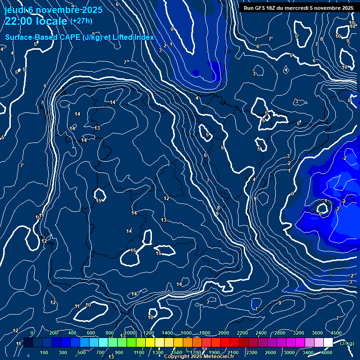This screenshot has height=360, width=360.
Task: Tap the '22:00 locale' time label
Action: click(36, 21)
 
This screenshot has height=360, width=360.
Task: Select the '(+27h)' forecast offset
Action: click(81, 21)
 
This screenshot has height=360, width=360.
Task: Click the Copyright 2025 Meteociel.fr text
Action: click(199, 357)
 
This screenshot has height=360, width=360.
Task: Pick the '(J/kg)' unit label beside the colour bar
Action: click(347, 344)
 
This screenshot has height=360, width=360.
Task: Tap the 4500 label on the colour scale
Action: click(336, 333)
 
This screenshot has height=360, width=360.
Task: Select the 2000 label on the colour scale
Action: click(224, 333)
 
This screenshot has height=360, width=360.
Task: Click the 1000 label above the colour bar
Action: click(130, 333)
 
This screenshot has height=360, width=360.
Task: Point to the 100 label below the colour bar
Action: click(45, 352)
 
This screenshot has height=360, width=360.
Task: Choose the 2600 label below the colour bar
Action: click(270, 352)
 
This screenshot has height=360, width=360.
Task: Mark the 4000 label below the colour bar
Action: click(327, 352)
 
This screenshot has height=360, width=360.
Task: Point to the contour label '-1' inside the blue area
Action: click(325, 201)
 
